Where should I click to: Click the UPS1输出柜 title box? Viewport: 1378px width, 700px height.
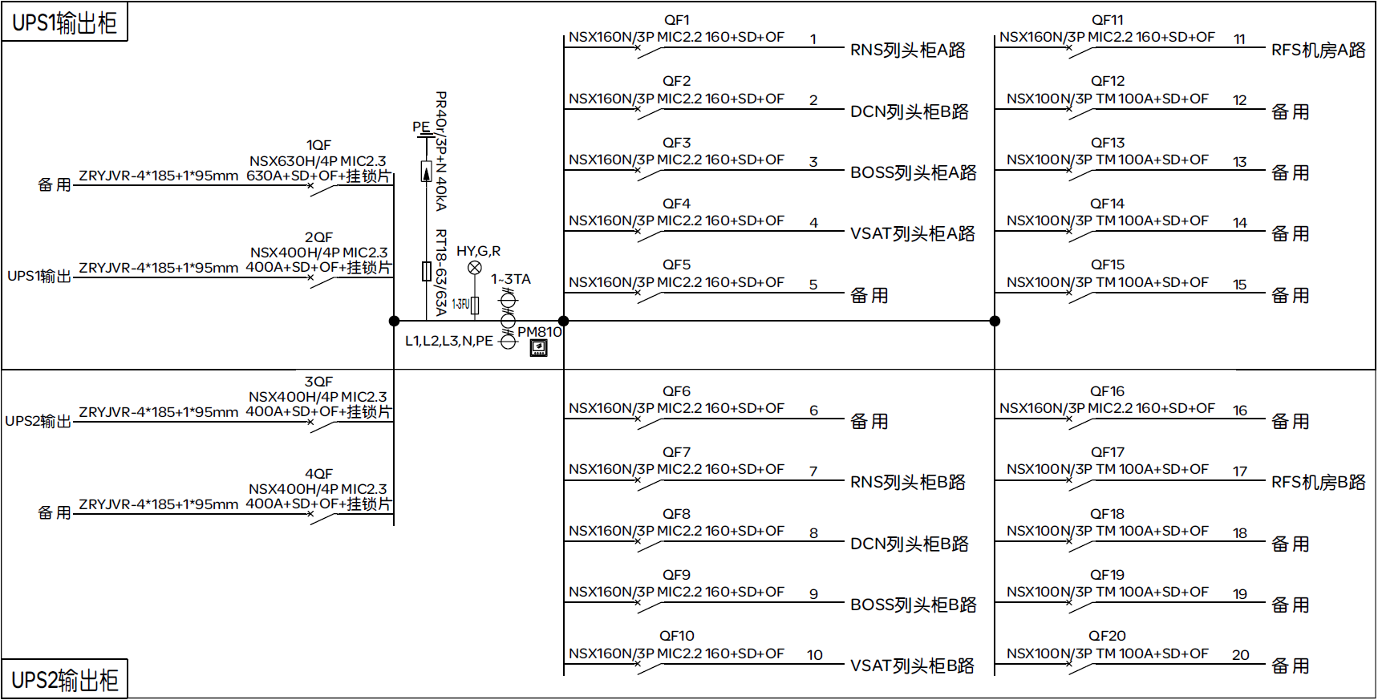click(x=64, y=22)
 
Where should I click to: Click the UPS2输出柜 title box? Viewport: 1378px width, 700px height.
click(x=64, y=680)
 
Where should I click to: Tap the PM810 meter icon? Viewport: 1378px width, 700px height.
click(x=539, y=348)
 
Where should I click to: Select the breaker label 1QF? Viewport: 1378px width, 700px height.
click(x=318, y=145)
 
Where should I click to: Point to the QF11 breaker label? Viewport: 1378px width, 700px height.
click(x=1107, y=20)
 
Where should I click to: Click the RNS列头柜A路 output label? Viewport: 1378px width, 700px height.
click(x=907, y=50)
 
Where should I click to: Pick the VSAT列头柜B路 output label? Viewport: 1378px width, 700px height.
click(x=912, y=666)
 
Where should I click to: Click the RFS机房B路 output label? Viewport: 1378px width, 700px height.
click(x=1318, y=482)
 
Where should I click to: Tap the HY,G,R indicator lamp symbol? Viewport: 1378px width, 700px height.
click(x=475, y=268)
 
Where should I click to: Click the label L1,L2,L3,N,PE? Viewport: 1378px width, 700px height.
click(x=448, y=341)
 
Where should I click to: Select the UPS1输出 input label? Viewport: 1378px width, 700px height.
click(x=39, y=276)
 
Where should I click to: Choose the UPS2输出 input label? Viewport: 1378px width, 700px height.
click(x=38, y=421)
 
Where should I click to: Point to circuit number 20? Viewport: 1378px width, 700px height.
click(x=1240, y=655)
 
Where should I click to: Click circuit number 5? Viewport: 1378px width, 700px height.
click(x=813, y=285)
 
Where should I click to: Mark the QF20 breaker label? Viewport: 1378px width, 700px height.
click(x=1107, y=636)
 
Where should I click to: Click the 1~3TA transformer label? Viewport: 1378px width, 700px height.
click(x=511, y=279)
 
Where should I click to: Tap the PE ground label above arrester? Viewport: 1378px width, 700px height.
click(x=421, y=127)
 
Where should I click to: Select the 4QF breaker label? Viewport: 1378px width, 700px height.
click(x=318, y=474)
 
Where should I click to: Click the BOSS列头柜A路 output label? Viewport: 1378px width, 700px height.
click(x=913, y=172)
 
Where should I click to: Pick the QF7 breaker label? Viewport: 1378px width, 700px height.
click(x=676, y=452)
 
